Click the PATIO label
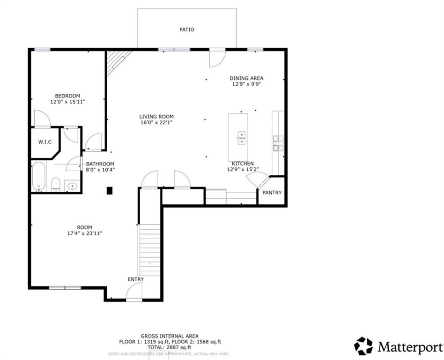(186, 30)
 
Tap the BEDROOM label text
(67, 96)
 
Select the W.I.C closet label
(44, 142)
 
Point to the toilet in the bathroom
(55, 184)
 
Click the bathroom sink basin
(72, 186)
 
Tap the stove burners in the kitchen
(278, 143)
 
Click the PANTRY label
(272, 193)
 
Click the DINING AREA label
(246, 78)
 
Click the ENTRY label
(136, 279)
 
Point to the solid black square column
(110, 190)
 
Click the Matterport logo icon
(363, 346)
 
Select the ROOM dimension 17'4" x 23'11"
(85, 233)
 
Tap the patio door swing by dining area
(216, 57)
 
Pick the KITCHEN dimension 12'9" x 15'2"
(243, 169)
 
